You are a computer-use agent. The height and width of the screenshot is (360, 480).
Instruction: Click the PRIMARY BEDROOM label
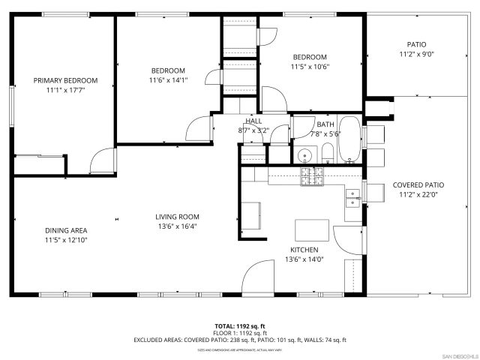point(65,80)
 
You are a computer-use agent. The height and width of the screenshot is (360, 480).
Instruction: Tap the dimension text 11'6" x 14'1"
point(167,81)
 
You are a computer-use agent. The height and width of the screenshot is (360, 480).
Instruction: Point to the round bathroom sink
point(304,156)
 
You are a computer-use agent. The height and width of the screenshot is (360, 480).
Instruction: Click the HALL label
point(253,121)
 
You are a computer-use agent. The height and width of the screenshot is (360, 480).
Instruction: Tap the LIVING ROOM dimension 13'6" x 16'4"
point(177,226)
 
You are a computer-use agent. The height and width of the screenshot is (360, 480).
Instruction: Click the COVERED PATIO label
point(418,185)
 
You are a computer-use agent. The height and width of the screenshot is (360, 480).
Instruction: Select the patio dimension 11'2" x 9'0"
point(416,54)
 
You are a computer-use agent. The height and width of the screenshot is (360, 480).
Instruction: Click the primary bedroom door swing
point(103,159)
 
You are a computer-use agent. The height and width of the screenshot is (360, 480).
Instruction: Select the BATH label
point(325,124)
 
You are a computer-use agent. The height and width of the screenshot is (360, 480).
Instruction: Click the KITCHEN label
point(304,250)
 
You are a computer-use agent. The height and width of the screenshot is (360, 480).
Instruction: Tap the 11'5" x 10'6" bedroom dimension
point(310,66)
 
